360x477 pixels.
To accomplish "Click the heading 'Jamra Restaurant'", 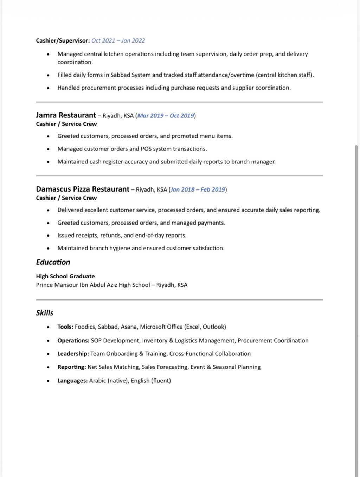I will (x=66, y=115).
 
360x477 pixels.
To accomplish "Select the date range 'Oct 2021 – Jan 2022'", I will (x=118, y=41).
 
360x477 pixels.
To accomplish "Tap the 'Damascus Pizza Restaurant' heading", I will (x=83, y=189).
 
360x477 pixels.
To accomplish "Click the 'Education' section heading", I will (x=53, y=262).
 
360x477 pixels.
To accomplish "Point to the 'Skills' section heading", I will (x=45, y=313).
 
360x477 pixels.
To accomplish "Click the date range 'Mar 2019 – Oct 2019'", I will (x=166, y=116).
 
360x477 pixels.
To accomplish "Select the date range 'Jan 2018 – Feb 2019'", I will (x=198, y=189).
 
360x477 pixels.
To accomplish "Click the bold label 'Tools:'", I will (x=65, y=327).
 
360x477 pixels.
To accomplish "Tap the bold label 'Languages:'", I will (x=72, y=381).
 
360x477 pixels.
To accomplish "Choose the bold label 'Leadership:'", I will (x=73, y=354).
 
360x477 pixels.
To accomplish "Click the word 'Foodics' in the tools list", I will (x=85, y=327).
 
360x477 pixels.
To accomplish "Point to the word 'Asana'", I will (x=129, y=327).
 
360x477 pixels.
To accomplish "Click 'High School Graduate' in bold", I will (x=65, y=276).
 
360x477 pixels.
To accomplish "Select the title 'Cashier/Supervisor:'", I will (x=63, y=41).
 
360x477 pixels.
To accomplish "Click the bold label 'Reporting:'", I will (x=72, y=367).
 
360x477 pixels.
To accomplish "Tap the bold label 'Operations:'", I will (x=73, y=341).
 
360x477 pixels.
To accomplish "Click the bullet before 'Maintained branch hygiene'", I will (x=48, y=249).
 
